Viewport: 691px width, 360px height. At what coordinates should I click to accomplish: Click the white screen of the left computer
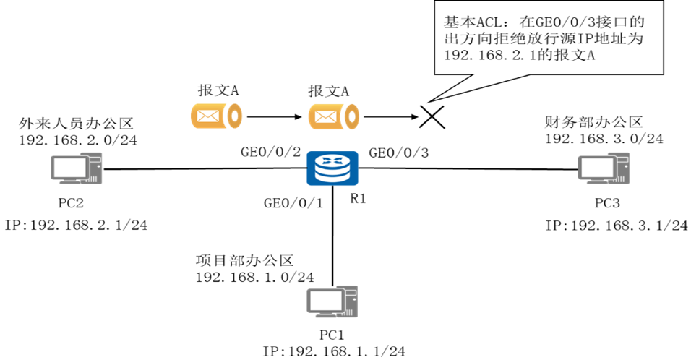[69, 168]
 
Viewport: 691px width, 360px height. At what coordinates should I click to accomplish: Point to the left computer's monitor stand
[70, 181]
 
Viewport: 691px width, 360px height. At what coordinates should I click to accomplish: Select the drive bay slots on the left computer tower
[95, 159]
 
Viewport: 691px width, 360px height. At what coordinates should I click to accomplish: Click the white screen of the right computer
[596, 168]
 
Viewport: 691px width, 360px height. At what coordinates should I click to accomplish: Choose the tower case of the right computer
[622, 168]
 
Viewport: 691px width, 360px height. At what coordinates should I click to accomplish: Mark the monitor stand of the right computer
[597, 181]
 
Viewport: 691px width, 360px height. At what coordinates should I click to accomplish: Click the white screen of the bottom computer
[325, 300]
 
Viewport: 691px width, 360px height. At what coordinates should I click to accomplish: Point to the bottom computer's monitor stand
[326, 314]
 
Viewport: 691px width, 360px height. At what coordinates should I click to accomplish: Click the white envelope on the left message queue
[208, 116]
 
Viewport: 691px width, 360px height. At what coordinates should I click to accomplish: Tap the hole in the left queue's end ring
[234, 116]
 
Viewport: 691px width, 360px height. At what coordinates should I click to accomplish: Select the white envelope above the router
[326, 116]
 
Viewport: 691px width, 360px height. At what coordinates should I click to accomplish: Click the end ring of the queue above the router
[352, 116]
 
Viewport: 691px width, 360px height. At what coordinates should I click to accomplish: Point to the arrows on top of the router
[332, 159]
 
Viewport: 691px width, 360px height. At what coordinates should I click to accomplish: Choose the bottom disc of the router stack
[332, 178]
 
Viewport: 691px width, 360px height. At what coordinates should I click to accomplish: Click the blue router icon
[332, 168]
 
